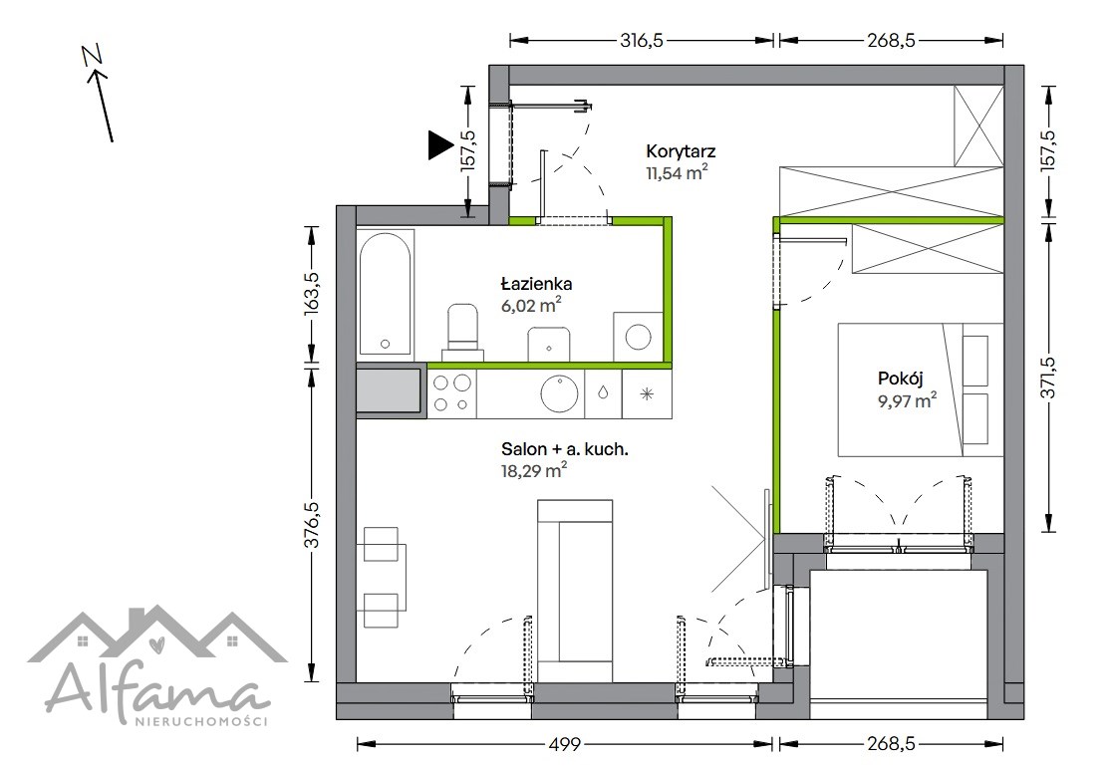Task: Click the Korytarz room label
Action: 681,151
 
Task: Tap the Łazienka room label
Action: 537,284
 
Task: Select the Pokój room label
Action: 901,379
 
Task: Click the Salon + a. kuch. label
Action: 565,449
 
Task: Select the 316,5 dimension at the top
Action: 642,41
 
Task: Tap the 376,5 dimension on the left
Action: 312,525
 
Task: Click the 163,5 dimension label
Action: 312,294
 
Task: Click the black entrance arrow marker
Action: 439,145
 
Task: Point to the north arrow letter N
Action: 92,55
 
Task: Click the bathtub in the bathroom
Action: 385,294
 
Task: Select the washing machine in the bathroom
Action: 638,337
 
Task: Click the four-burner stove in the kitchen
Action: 452,393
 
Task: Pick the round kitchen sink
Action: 559,392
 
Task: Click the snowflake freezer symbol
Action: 647,394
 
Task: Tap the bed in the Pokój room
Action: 921,390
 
